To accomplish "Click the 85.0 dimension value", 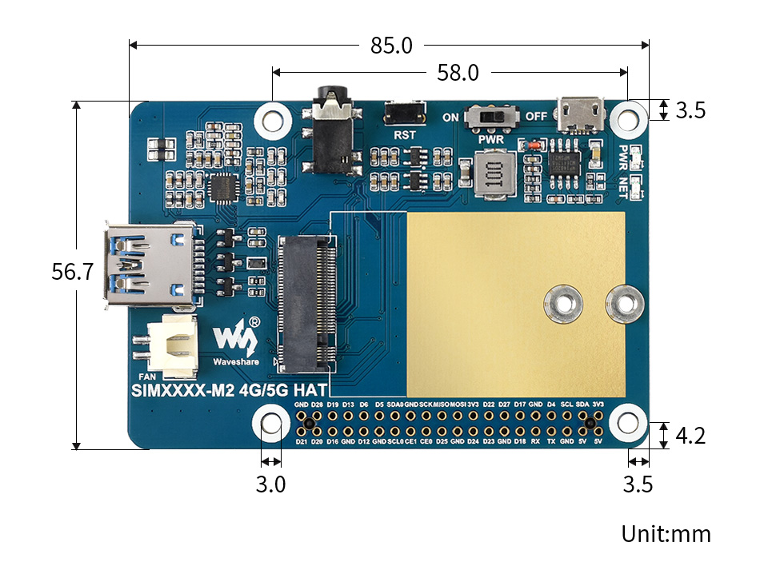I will tap(391, 46).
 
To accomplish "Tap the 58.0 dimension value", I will tap(458, 73).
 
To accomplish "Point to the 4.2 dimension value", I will tap(690, 436).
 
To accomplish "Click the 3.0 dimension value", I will tap(271, 484).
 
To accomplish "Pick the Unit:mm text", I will tap(666, 533).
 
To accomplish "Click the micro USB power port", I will tap(581, 114).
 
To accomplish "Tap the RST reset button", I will tap(405, 114).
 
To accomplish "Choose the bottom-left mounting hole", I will tap(271, 424).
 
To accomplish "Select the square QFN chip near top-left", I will tap(224, 189).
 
